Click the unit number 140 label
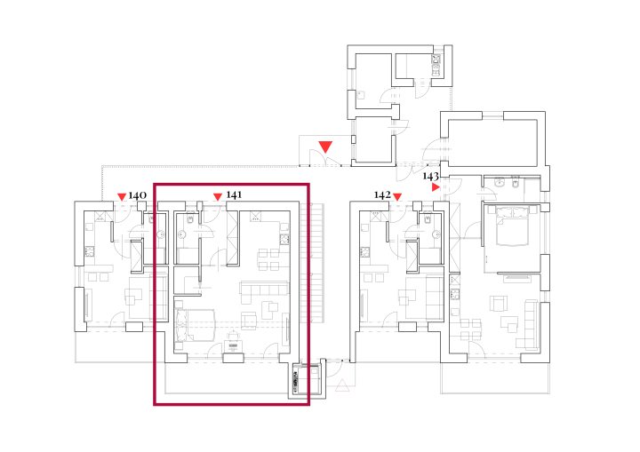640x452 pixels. point(137,195)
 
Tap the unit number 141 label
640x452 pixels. point(234,195)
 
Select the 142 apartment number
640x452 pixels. point(382,195)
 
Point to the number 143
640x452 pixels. point(430,176)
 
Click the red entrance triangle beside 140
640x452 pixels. point(122,197)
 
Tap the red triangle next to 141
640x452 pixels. point(218,197)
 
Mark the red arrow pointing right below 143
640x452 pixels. point(436,187)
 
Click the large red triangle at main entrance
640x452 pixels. point(325,147)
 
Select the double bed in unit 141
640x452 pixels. point(195,325)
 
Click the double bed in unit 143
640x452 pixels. point(512,226)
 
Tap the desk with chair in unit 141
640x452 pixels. point(233,342)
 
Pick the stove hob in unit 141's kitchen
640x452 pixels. point(284,240)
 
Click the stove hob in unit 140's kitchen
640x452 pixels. point(90,251)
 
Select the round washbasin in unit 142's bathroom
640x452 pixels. point(436,234)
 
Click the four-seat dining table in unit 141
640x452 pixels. point(268,260)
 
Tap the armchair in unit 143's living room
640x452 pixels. point(499,304)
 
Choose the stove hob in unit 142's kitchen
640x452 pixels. point(365,251)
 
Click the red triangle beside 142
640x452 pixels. point(397,197)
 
